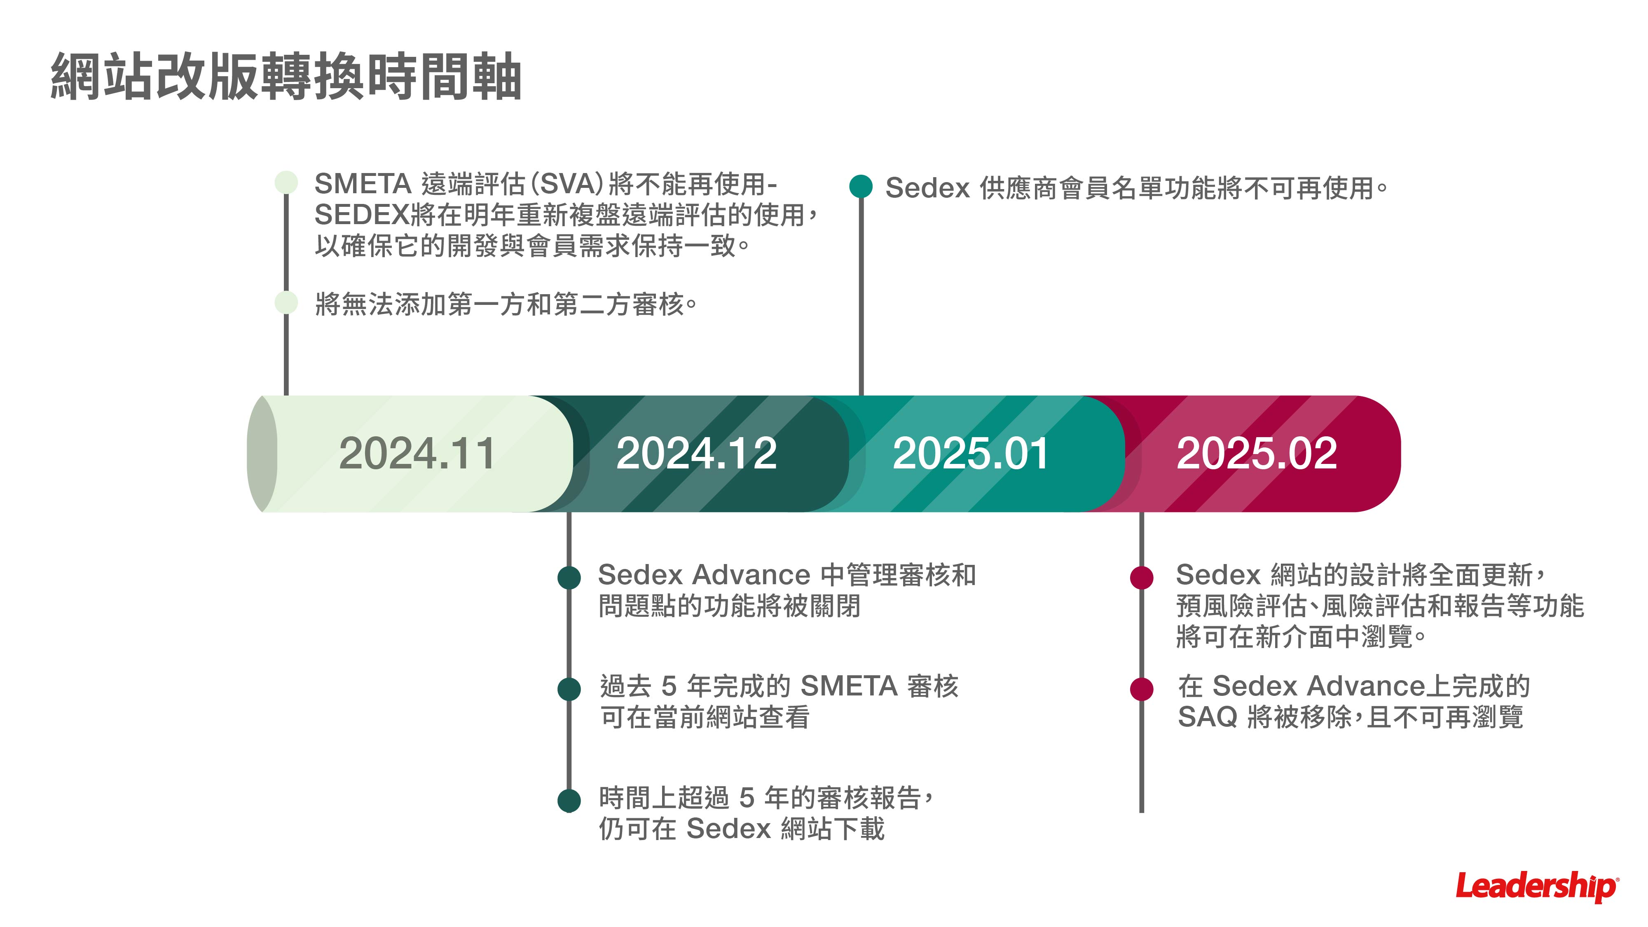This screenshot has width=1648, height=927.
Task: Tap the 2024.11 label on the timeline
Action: pos(417,454)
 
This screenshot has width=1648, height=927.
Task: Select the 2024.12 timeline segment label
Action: pos(696,454)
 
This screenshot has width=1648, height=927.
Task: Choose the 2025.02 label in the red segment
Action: pos(1257,454)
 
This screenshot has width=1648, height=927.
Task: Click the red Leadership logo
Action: pos(1537,887)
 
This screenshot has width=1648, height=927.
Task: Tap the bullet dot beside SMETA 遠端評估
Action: pos(286,183)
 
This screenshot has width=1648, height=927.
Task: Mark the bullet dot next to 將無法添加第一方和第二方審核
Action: pos(286,302)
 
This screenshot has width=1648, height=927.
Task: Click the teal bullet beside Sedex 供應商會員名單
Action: pos(861,186)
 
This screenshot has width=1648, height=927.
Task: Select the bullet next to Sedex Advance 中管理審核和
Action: pos(569,577)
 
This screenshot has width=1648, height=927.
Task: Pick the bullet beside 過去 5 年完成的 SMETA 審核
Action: pos(569,689)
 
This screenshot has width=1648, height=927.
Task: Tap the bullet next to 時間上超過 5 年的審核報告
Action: pos(569,801)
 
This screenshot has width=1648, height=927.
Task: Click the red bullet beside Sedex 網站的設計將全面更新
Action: pos(1141,577)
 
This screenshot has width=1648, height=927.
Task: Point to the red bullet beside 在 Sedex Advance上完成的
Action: pos(1141,689)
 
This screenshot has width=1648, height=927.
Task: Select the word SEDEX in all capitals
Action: pos(361,215)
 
